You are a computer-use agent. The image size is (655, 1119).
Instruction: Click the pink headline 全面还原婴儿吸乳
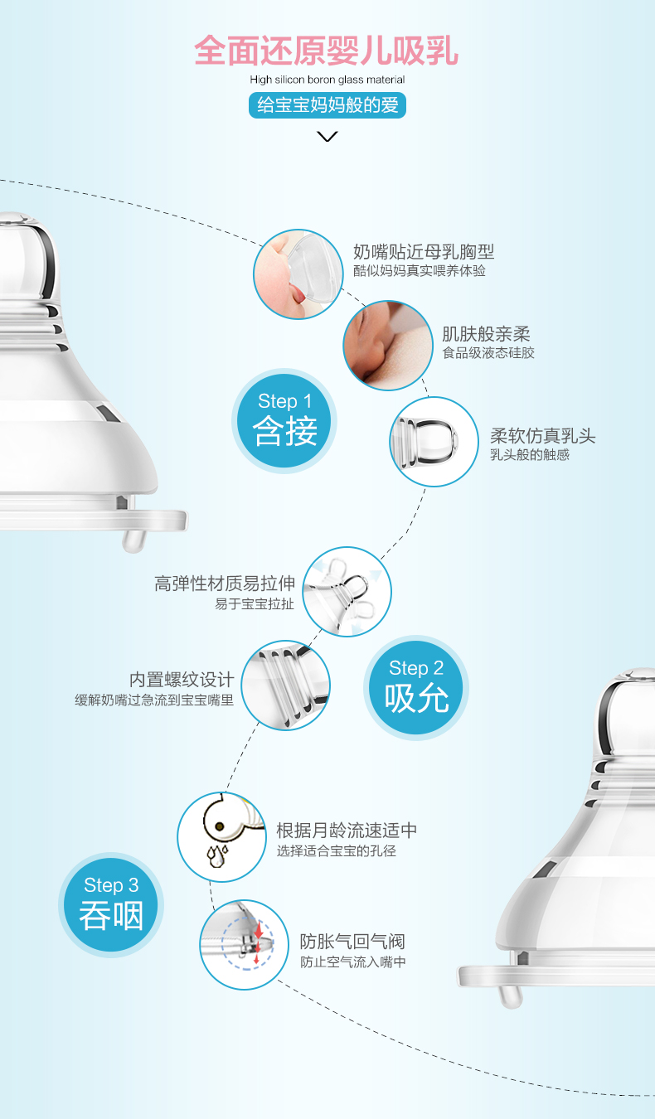point(326,51)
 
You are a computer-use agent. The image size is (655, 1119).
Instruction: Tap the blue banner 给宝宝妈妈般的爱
point(327,105)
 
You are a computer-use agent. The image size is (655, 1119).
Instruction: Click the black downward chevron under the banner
point(327,137)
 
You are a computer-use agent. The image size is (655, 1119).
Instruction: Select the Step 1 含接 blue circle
point(284,420)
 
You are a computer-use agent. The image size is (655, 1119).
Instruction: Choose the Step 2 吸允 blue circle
point(415,687)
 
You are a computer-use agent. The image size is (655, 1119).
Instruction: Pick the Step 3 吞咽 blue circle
point(111,904)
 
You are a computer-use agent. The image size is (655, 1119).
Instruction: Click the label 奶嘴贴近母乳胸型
point(424,252)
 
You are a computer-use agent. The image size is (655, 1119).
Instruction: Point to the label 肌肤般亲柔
point(486,334)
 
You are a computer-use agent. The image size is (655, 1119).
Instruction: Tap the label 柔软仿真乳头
point(542,436)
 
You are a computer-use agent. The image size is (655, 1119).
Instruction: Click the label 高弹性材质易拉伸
point(225,584)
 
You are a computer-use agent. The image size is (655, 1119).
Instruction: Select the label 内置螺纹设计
point(182,680)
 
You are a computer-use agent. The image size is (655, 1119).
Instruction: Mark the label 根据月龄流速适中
point(347,831)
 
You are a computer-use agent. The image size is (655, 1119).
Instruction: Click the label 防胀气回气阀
point(352,942)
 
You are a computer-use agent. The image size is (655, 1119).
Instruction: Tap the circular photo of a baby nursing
point(388,345)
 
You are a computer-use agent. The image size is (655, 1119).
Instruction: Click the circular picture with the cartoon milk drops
point(222,836)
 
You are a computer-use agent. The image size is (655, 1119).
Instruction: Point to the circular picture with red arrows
point(245,945)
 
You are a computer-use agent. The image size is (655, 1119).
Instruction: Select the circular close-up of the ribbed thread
point(286,685)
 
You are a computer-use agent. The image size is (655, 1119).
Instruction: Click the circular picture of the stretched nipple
point(347,592)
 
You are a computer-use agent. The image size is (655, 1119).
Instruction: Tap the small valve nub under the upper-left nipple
point(133,541)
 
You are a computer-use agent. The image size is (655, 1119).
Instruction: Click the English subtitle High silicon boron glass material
point(327,80)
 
